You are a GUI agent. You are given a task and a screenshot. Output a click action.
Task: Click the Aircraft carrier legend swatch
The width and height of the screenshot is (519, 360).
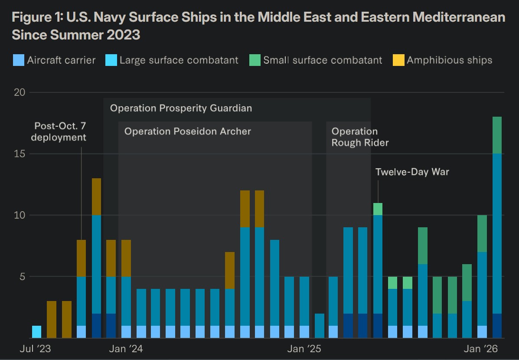click(x=18, y=60)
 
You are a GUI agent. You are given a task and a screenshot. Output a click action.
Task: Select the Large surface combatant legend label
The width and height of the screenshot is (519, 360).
click(x=179, y=60)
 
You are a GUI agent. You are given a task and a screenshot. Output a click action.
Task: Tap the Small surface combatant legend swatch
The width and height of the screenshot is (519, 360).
click(x=255, y=60)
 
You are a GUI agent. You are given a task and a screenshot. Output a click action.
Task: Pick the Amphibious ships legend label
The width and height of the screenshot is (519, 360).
click(x=449, y=60)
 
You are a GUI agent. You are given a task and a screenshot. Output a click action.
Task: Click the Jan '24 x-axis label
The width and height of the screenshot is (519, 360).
click(x=125, y=349)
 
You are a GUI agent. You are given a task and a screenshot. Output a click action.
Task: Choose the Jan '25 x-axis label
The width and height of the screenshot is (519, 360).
click(x=304, y=349)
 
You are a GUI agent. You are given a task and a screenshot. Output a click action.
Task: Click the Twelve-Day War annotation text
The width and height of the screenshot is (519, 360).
click(x=412, y=172)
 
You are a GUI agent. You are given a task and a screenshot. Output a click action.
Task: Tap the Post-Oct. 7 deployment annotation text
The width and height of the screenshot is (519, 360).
click(x=60, y=132)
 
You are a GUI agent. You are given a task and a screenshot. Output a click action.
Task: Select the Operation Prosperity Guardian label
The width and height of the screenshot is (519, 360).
click(x=181, y=108)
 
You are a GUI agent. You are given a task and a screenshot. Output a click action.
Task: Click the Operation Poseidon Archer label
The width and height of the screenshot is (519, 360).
click(x=187, y=131)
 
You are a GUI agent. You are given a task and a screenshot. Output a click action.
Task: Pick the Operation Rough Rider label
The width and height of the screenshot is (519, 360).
click(x=360, y=137)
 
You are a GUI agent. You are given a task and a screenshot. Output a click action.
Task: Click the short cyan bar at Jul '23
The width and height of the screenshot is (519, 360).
click(x=37, y=332)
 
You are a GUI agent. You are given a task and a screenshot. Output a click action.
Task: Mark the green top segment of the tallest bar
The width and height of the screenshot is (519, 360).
click(x=497, y=135)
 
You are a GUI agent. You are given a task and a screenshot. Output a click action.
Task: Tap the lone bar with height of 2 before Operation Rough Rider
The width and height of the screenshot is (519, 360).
click(x=319, y=325)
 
